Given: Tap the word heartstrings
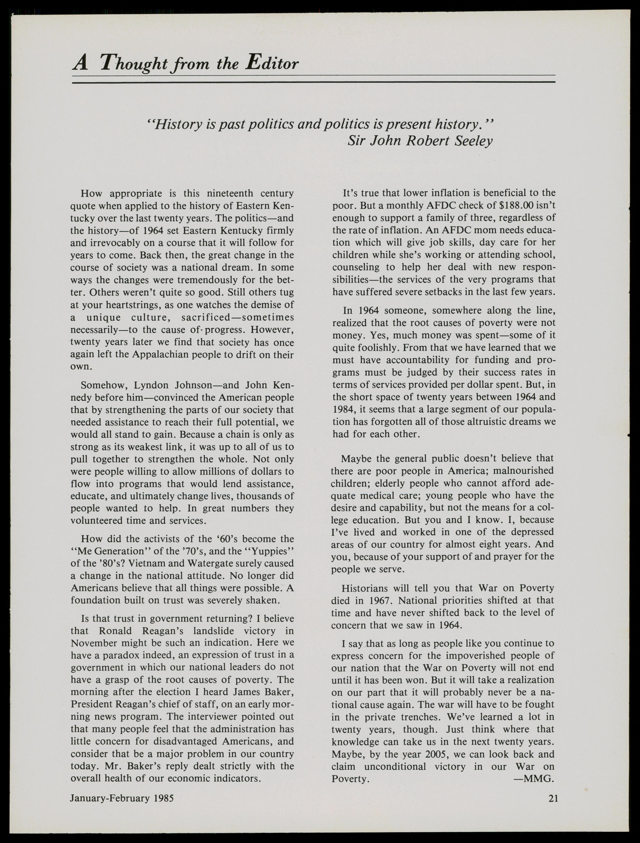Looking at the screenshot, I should pyautogui.click(x=137, y=305).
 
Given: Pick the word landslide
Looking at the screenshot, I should pyautogui.click(x=213, y=631).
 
